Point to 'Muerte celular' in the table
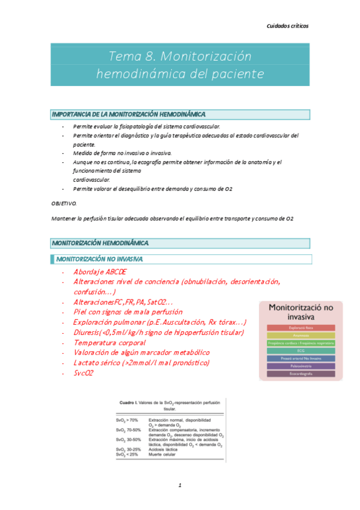click(x=166, y=454)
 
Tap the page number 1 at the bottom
click(x=179, y=485)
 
